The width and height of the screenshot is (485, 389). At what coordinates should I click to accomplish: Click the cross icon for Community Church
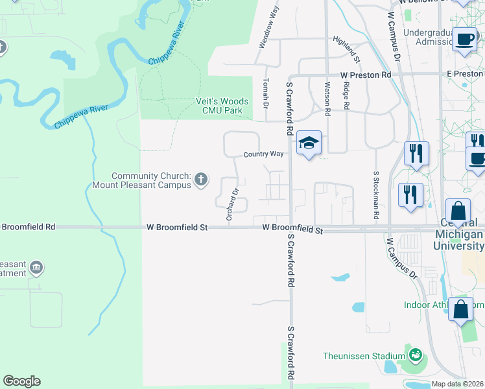click(202, 178)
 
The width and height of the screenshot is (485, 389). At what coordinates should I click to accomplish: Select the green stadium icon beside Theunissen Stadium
click(414, 355)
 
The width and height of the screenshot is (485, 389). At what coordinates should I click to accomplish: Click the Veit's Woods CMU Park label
click(223, 106)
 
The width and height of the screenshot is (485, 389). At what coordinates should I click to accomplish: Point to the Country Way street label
click(264, 154)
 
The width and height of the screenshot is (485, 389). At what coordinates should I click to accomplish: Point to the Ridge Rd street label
click(347, 95)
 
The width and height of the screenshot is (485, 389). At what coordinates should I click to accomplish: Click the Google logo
click(21, 381)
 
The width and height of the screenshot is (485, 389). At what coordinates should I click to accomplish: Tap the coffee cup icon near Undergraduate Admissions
click(464, 39)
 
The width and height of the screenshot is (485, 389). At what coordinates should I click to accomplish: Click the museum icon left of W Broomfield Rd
click(36, 266)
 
